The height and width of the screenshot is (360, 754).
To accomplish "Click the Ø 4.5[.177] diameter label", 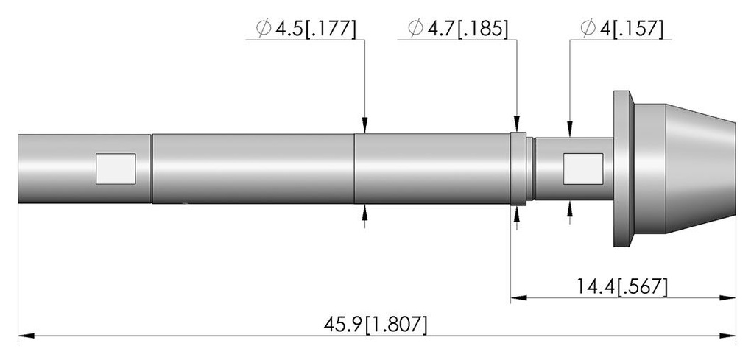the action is coord(306,29).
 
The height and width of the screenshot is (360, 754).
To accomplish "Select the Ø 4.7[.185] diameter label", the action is coord(458,29).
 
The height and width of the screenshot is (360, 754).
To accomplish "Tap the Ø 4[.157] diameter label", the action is coord(621,29).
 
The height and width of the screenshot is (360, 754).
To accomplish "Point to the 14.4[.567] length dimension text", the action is coord(622,287).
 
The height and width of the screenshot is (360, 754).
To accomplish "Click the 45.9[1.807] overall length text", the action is coord(375,325).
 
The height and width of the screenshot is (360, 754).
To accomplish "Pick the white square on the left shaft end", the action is coord(116,169).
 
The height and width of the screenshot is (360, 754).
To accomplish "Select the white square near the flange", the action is coord(583,169).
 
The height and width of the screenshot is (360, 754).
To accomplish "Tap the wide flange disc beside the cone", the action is coord(624,169).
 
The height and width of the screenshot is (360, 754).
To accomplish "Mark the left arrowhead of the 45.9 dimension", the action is coord(26,336).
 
